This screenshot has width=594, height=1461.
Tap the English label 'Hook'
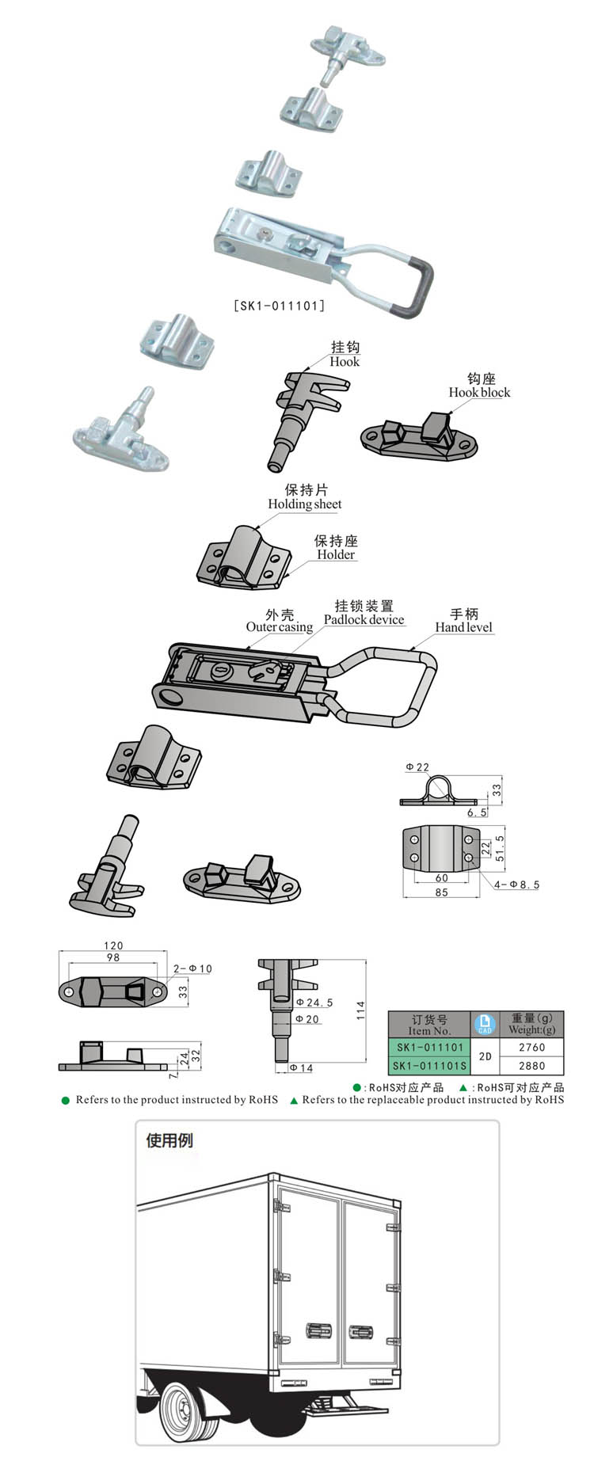[345, 362]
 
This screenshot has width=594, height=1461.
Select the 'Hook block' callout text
[479, 393]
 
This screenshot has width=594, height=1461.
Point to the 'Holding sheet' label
[305, 504]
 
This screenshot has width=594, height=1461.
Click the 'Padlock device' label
[364, 620]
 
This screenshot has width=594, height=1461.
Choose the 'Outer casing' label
[279, 627]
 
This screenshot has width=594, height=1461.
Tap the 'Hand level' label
[463, 627]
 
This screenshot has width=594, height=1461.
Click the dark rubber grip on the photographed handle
[420, 285]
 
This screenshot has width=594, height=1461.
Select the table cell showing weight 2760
[531, 1047]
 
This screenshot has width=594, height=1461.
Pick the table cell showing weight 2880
[531, 1066]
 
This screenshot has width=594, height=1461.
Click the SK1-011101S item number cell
[429, 1066]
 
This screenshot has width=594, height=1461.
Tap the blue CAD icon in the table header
[485, 1024]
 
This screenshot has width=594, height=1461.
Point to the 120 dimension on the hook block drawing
[113, 945]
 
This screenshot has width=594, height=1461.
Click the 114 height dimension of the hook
[361, 1010]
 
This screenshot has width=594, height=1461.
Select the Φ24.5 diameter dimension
[314, 1003]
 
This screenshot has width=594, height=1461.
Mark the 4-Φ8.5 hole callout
[516, 885]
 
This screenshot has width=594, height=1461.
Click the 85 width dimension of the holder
[441, 892]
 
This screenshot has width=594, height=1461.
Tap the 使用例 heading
[169, 1140]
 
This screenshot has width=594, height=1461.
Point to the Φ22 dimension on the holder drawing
[417, 767]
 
